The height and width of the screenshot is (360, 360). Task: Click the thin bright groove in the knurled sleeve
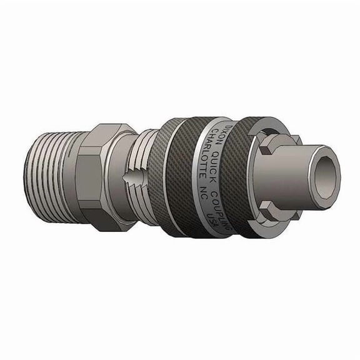coord(169,175)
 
